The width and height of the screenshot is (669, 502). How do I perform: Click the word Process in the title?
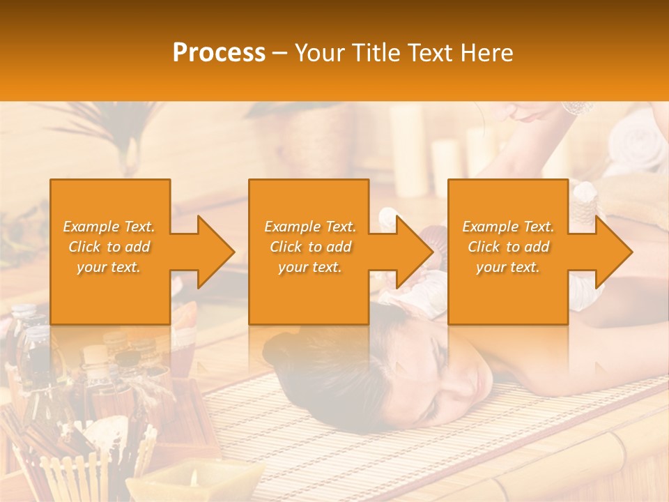point(219,53)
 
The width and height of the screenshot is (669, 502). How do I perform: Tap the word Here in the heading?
point(487,53)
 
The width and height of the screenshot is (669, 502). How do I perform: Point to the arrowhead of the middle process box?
point(414,252)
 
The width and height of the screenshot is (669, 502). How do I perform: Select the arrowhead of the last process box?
point(613,252)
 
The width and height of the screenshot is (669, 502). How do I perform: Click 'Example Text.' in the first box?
point(109,227)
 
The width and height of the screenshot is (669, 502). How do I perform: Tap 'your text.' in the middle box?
point(310,267)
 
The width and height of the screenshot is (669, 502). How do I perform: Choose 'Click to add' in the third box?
point(508,247)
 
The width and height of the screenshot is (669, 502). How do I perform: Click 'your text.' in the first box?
point(109,267)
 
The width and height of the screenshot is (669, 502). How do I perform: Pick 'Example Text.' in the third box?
point(508,227)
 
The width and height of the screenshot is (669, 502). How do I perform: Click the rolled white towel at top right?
point(638,150)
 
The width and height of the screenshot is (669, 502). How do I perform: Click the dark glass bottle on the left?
point(35,356)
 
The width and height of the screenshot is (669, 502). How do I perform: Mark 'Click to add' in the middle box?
point(310,247)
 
